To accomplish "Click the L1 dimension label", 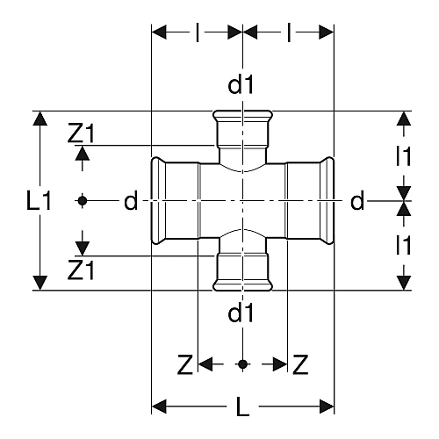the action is tap(39, 201).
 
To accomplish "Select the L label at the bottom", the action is tap(242, 407).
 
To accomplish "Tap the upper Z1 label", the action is tap(81, 133).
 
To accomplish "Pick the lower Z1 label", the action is tap(81, 270).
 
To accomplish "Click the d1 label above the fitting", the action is tap(241, 85).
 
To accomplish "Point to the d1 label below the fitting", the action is tap(241, 313).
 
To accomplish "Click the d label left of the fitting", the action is tap(131, 201).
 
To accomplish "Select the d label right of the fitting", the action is tap(357, 201).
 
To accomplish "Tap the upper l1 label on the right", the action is tap(404, 156).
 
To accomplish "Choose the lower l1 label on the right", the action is tap(404, 245).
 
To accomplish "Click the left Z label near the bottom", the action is tap(185, 364).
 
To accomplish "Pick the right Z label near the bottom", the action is tap(300, 364).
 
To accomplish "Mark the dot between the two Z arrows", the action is tap(242, 364).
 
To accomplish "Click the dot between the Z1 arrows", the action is tap(83, 201).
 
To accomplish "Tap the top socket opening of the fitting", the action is tap(242, 114).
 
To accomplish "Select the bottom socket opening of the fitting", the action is tap(242, 286).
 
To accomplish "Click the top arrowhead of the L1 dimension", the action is tap(40, 119).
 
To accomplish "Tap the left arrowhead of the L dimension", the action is tap(159, 407).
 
